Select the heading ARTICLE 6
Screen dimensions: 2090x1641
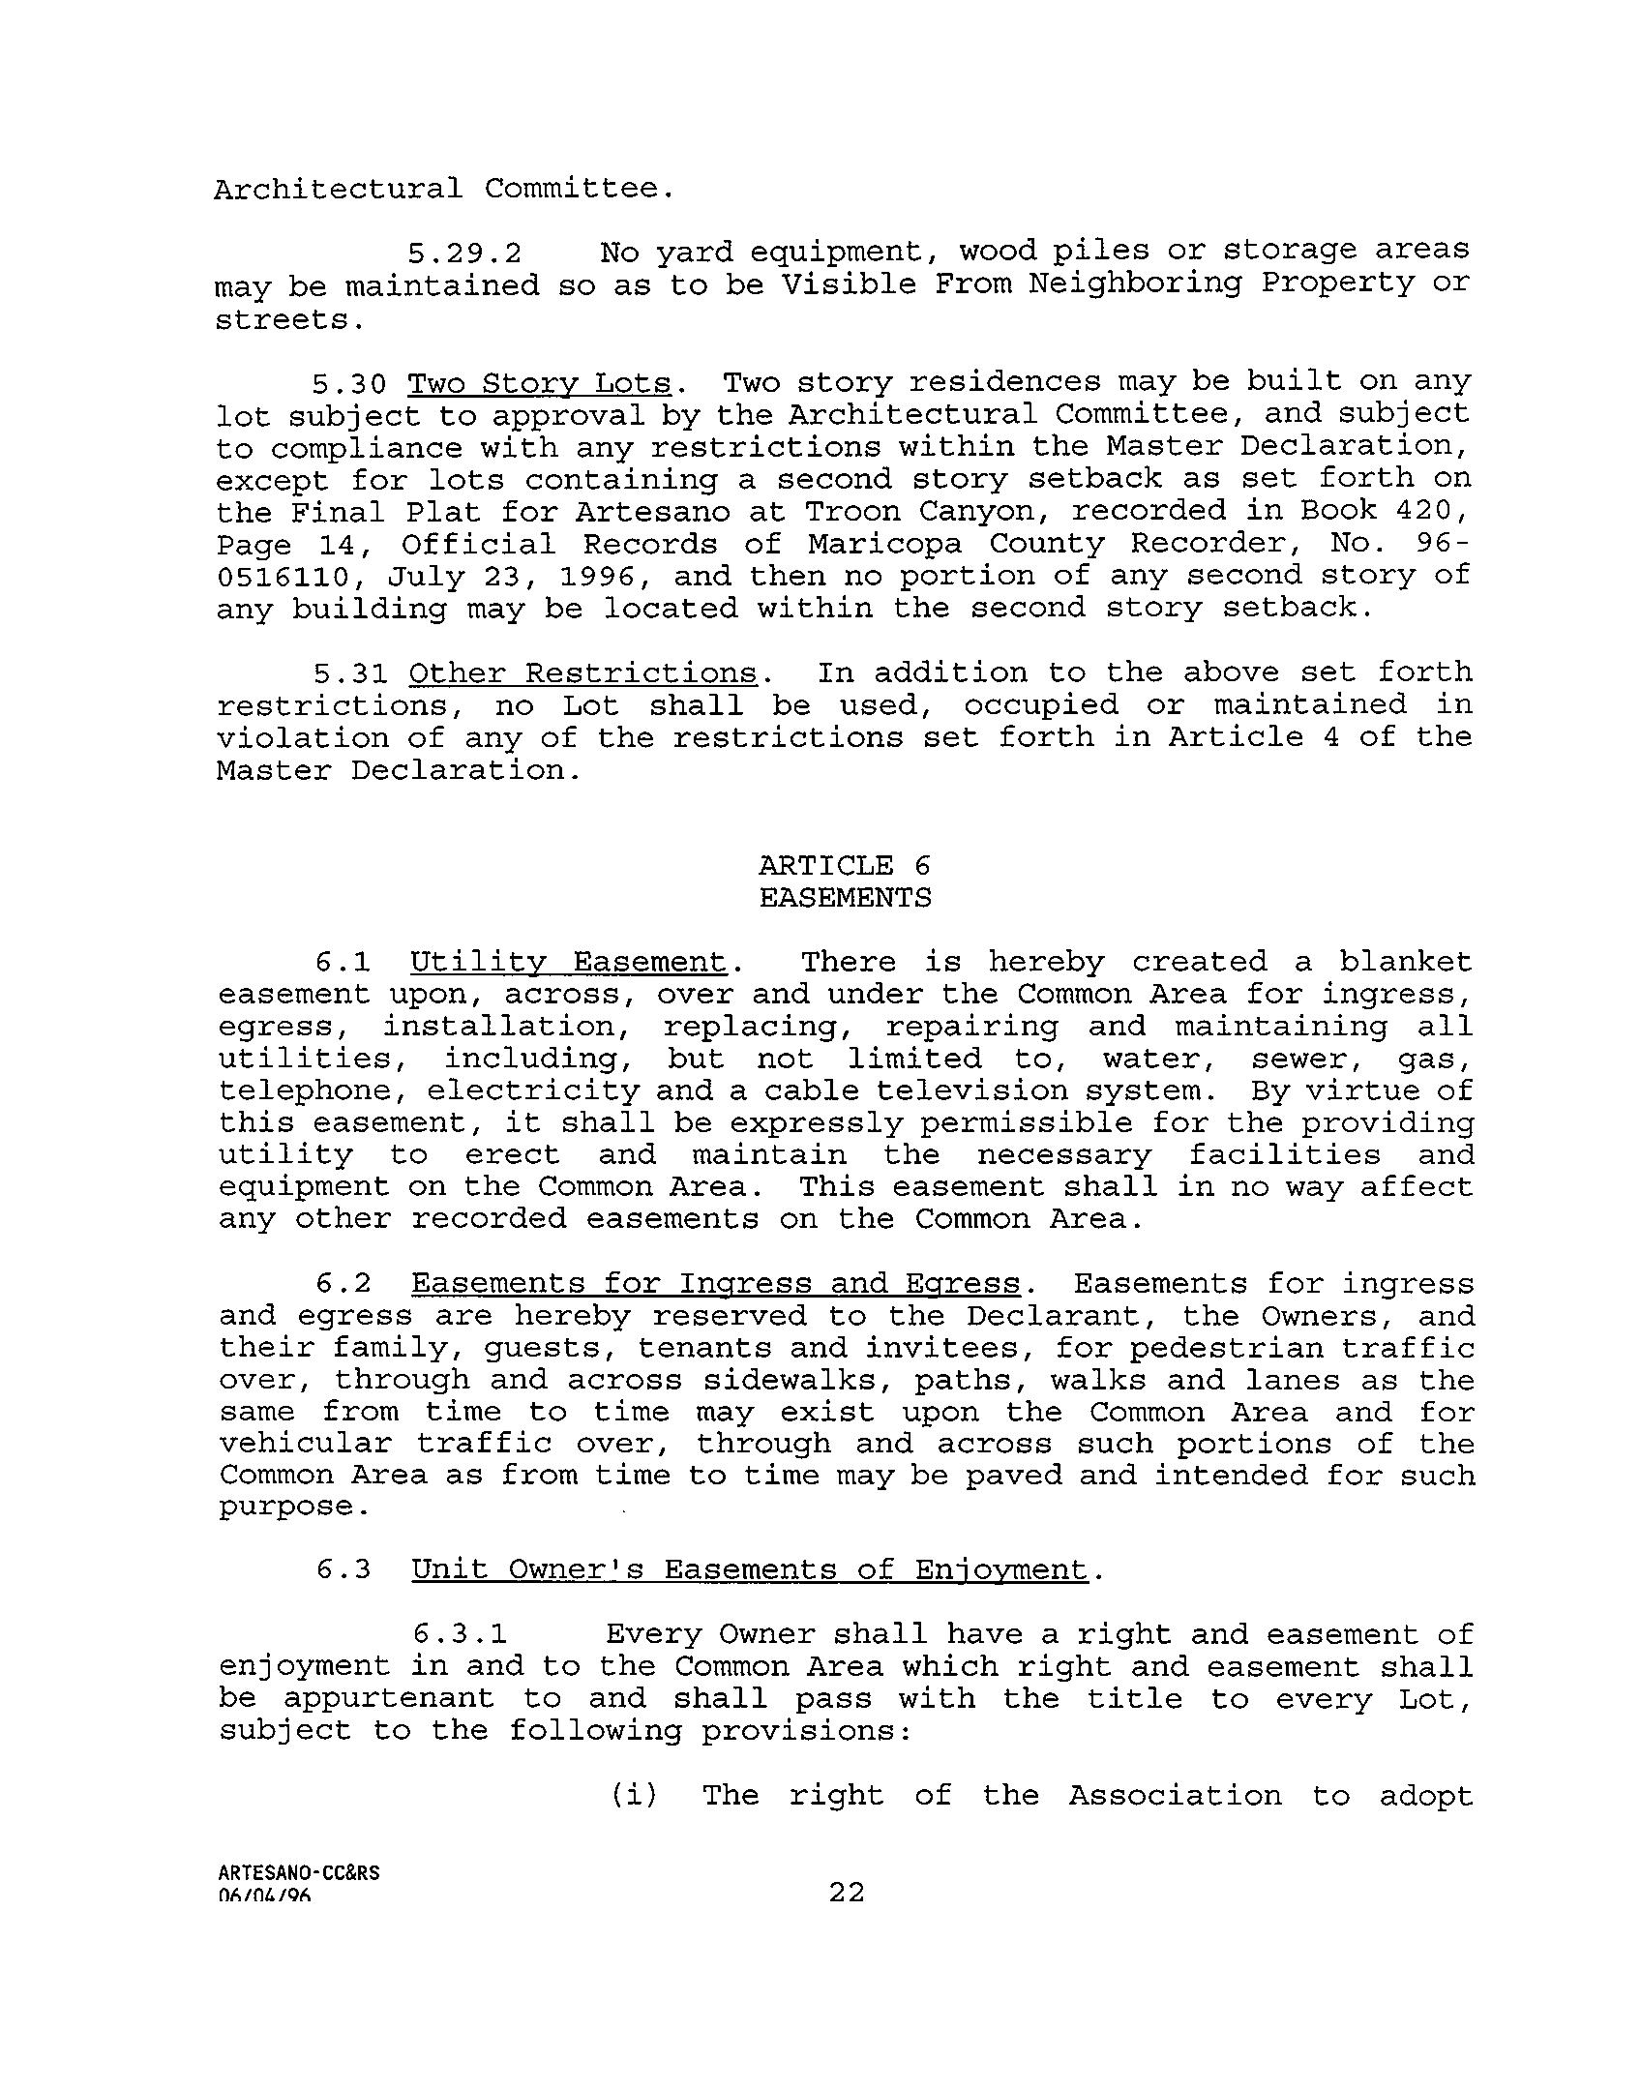pyautogui.click(x=844, y=865)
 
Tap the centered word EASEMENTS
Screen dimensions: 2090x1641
pyautogui.click(x=845, y=898)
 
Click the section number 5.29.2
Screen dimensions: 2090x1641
pyautogui.click(x=464, y=254)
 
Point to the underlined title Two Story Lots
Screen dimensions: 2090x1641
pyautogui.click(x=539, y=383)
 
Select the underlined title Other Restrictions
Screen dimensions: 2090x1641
pyautogui.click(x=583, y=673)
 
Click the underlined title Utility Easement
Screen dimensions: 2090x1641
pyautogui.click(x=568, y=963)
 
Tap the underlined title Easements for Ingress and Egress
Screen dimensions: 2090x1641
pyautogui.click(x=716, y=1284)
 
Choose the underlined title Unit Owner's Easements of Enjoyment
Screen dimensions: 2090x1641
pyautogui.click(x=750, y=1569)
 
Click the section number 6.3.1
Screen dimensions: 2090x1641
pyautogui.click(x=461, y=1635)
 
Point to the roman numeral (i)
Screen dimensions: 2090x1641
pyautogui.click(x=634, y=1796)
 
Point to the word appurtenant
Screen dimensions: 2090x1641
pyautogui.click(x=389, y=1699)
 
